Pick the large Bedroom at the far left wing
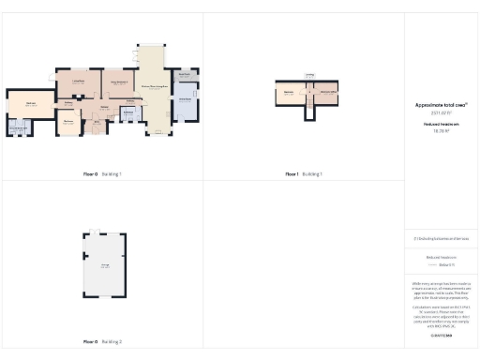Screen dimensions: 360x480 [31, 104]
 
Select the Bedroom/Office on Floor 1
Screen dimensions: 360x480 [326, 92]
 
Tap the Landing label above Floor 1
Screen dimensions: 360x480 [308, 75]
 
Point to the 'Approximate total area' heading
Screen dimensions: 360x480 [442, 105]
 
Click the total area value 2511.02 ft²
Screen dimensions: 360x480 [442, 113]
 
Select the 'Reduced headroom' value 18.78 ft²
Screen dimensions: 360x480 [442, 130]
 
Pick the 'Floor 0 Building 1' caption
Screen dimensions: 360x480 [101, 174]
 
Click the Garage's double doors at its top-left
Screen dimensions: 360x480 [95, 231]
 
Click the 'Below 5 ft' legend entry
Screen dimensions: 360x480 [444, 265]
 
